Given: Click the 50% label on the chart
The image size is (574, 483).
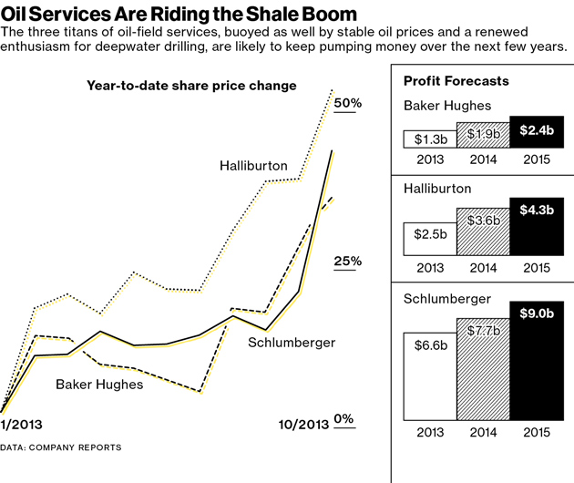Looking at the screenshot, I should click(x=348, y=103).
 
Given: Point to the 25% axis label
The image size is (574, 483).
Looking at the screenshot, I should click(x=348, y=262).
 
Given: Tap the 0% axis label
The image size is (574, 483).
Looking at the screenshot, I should click(x=343, y=418).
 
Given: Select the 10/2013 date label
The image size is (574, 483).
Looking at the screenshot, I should click(x=302, y=424).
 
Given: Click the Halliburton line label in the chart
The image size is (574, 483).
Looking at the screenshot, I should click(x=253, y=166).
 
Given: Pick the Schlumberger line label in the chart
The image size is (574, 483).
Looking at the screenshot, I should click(x=292, y=343).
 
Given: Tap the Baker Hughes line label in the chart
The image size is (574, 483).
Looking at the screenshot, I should click(x=99, y=384).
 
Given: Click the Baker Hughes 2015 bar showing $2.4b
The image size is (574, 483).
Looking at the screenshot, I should click(x=537, y=132).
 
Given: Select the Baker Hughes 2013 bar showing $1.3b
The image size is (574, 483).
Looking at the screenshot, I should click(x=430, y=139).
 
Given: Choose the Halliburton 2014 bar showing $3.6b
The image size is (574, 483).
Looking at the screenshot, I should click(x=483, y=229).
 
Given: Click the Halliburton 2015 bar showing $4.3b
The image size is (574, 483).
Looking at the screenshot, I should click(x=537, y=225).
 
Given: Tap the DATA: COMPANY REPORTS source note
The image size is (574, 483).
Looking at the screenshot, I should click(x=60, y=447).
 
